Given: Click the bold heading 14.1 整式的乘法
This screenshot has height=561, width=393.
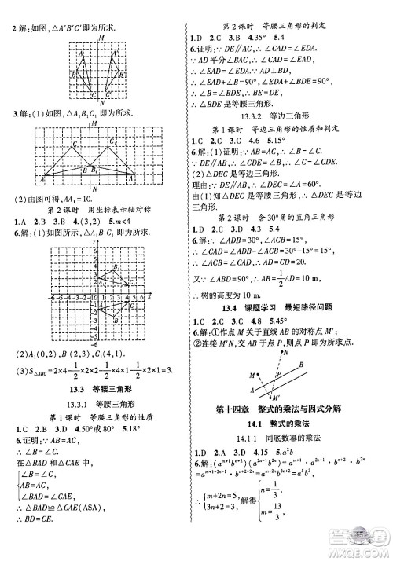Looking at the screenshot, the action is (x=292, y=421).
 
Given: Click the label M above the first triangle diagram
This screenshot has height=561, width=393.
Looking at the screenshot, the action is (x=100, y=38).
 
